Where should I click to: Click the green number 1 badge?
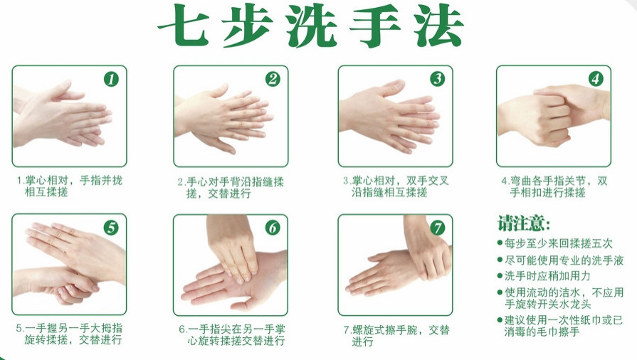coord(111,79)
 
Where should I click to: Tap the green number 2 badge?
coord(273,79)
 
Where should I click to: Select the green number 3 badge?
coord(438,78)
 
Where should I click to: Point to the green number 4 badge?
coord(596,78)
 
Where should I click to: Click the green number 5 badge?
coord(111,228)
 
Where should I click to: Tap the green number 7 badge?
coord(438,228)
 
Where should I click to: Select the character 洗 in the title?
coord(312,25)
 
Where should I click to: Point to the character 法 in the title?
coord(439,25)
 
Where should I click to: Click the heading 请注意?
coord(524,223)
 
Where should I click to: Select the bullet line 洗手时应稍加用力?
coord(544,276)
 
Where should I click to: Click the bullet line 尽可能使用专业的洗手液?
coord(561,260)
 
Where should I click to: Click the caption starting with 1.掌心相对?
coord(69,186)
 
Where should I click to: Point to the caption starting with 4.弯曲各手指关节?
coord(554,186)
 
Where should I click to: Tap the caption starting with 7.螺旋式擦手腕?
coord(396,336)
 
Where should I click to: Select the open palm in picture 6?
coord(233,281)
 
